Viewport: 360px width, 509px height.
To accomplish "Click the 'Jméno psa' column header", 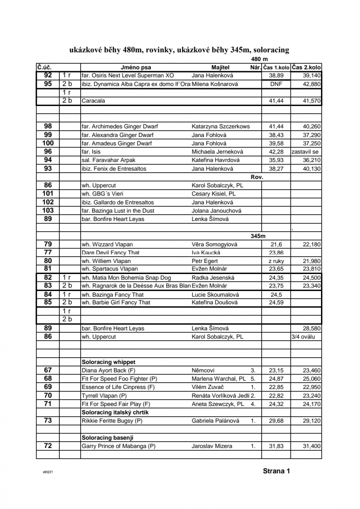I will [136, 67].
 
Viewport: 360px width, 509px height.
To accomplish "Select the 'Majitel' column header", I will [220, 67].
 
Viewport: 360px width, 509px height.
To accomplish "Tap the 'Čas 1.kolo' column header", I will [276, 67].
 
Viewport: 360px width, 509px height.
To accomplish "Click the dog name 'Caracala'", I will [93, 101].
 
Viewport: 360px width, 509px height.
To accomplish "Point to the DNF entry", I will [276, 84].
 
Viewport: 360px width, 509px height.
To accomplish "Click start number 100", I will [48, 143].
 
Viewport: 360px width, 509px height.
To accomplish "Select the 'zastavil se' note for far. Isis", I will [305, 152].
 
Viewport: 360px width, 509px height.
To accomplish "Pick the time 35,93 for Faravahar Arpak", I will [276, 160].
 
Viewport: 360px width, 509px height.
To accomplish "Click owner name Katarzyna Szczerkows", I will [220, 126].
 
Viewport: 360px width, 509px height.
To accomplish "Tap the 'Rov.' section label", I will [257, 177].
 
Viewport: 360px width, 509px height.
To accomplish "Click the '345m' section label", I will [257, 236].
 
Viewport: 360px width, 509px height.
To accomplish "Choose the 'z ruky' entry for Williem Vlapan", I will [276, 261].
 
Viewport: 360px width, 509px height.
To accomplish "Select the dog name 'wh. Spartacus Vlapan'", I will [107, 269].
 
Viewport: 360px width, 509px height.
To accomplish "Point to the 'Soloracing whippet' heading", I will [108, 362].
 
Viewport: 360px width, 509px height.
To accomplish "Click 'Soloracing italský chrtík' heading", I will [115, 412].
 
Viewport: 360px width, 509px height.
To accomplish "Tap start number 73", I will [48, 421].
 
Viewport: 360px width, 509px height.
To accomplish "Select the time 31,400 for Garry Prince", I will [312, 446].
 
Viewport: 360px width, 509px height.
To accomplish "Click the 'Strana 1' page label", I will [276, 471].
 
